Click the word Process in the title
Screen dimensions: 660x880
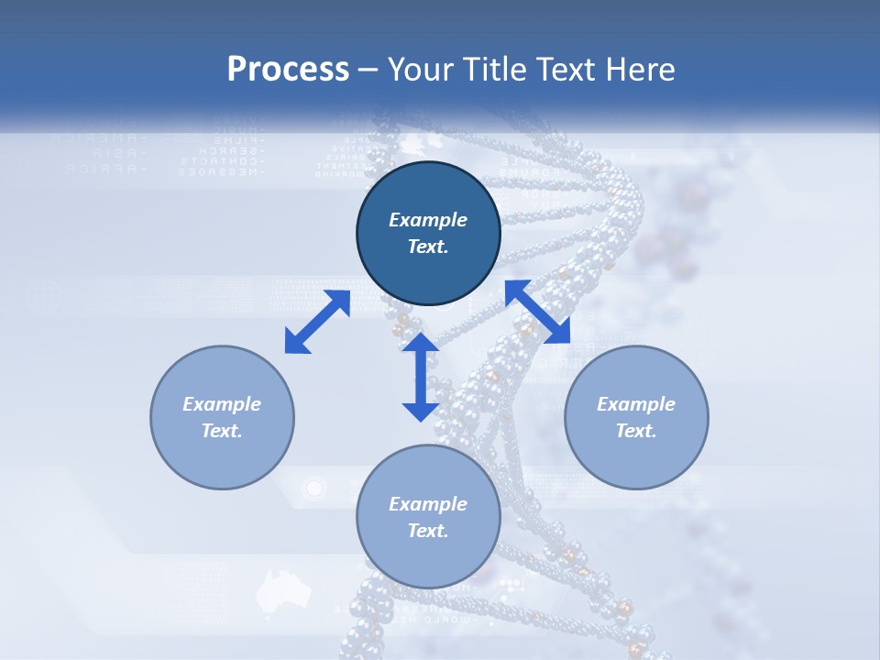[288, 70]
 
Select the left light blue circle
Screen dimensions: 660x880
[222, 458]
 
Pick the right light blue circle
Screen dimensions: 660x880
[636, 458]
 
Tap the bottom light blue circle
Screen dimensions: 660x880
[428, 559]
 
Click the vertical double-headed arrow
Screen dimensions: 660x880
[421, 377]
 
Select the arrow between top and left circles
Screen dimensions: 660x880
[317, 322]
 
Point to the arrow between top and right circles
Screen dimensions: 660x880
[538, 312]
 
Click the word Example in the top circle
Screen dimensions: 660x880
[428, 220]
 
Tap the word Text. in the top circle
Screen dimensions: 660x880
[428, 247]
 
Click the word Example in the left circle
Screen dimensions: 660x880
[222, 404]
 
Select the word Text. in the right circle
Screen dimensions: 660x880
[636, 431]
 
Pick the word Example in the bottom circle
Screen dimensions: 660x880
[428, 504]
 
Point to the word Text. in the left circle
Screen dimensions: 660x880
[222, 431]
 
